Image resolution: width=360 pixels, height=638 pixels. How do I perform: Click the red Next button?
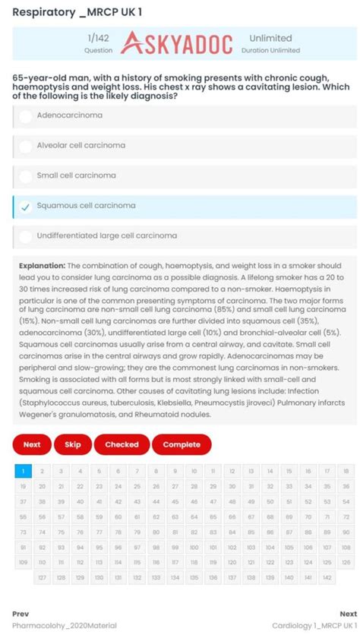[32, 444]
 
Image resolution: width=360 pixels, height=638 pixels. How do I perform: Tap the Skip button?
[73, 444]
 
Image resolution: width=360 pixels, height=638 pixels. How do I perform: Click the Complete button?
[182, 444]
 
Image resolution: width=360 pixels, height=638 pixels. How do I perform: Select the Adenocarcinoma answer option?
[69, 115]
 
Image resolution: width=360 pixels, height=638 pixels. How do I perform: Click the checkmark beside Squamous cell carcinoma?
[25, 206]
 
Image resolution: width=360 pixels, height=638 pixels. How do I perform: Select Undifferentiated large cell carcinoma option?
[106, 235]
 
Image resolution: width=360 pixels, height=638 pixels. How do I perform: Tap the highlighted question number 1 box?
[23, 471]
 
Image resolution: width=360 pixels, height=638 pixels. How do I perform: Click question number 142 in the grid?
[327, 577]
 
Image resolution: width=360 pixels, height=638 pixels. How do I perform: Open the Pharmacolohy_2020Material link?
[65, 625]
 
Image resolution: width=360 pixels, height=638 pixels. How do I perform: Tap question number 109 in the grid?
[23, 563]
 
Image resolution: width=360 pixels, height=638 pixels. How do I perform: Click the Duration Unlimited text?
[270, 50]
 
